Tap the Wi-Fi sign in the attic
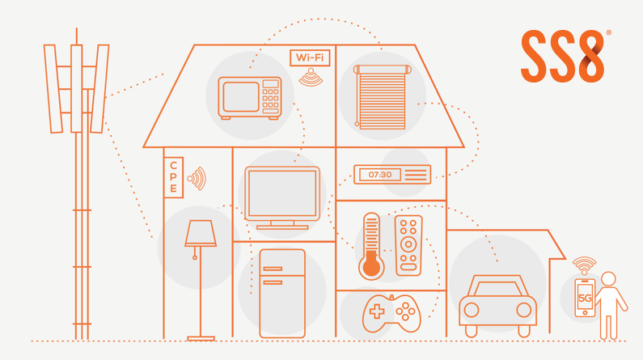pos(310,58)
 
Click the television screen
pos(282,193)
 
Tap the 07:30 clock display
pos(380,175)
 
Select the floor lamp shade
pos(200,235)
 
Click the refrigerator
pos(282,293)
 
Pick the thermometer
pos(371,247)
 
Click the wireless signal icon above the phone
pos(584,265)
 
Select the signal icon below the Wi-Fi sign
pos(310,78)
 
